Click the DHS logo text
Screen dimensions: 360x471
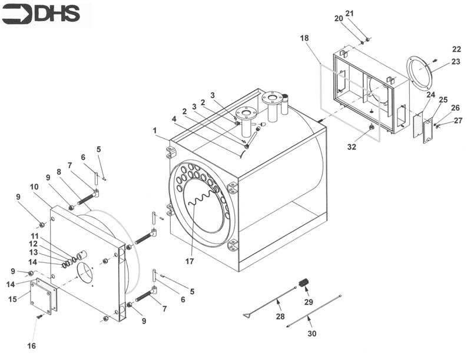tap(57, 14)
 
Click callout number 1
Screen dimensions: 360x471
tap(155, 129)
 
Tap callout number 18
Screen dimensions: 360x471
tap(304, 38)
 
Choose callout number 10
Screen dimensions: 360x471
tap(34, 186)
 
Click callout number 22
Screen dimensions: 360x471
tap(456, 49)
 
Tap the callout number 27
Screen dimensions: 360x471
tap(458, 121)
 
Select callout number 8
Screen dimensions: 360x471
tap(58, 172)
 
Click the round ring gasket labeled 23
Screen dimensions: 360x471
tap(420, 73)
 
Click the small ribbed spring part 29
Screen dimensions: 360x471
tap(304, 284)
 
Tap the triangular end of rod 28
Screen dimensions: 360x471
tap(247, 316)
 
